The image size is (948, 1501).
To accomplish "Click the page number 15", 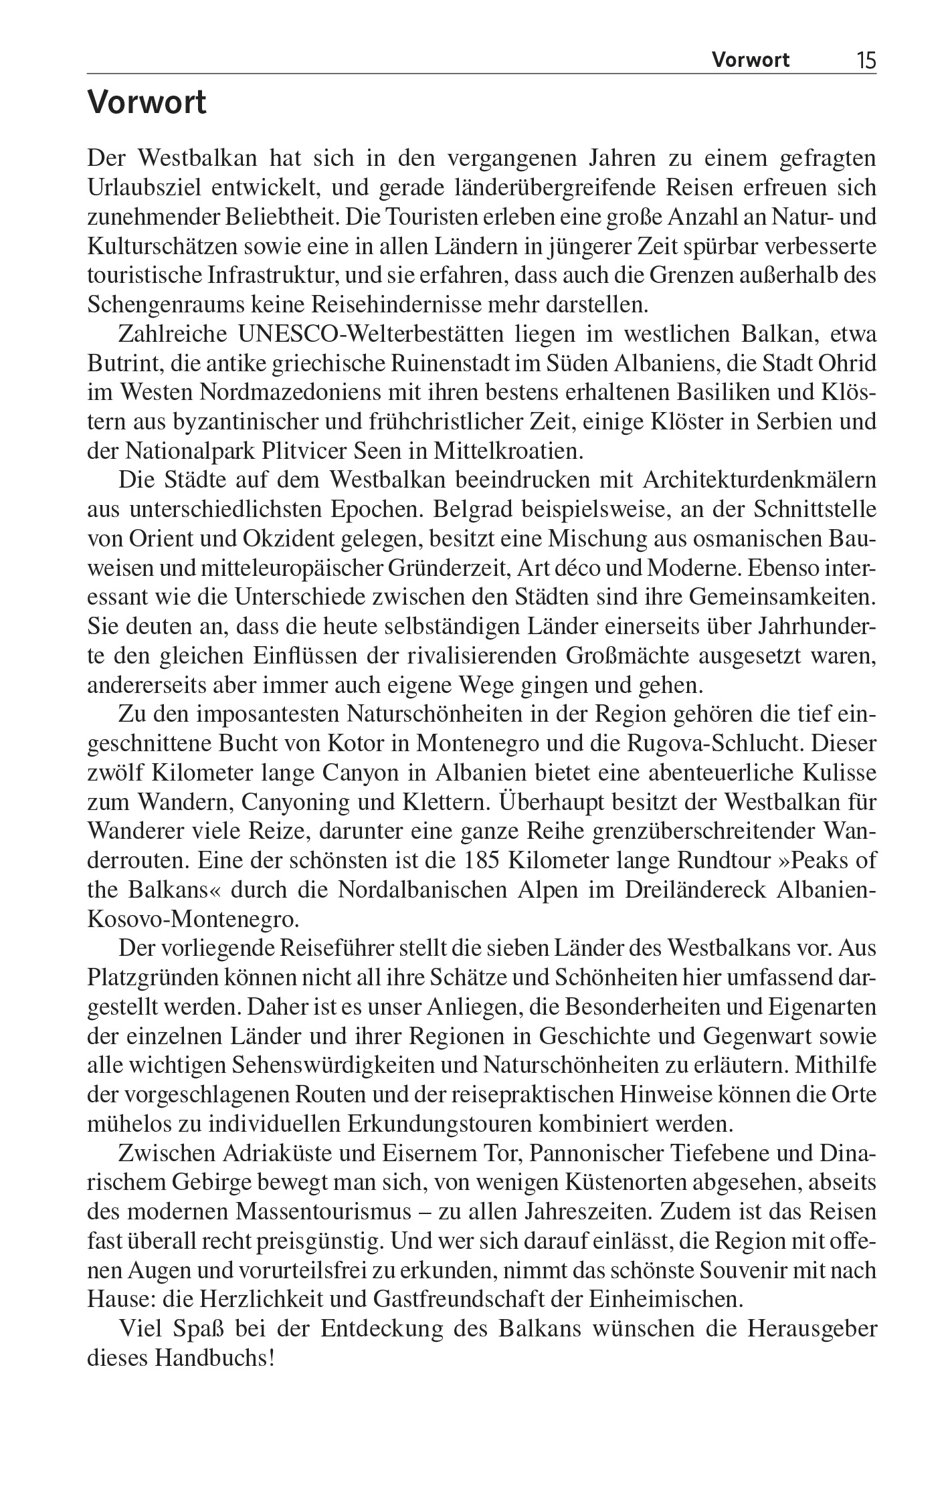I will click(x=865, y=62).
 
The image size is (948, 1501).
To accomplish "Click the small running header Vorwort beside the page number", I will click(x=750, y=61).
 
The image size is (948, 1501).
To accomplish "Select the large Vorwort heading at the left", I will click(x=147, y=104).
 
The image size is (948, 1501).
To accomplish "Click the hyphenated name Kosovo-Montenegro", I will click(x=192, y=918).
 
